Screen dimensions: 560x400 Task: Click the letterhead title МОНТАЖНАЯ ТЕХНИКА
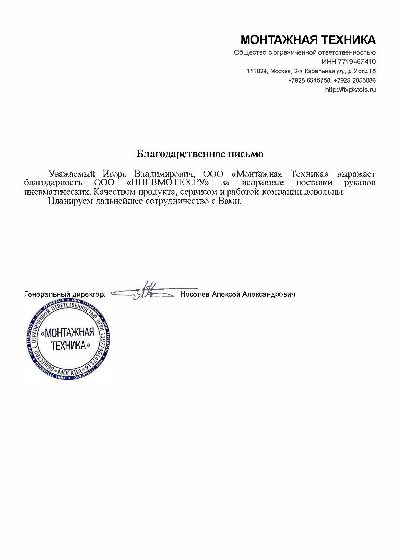coord(308,40)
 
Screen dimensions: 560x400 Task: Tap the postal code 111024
coord(257,71)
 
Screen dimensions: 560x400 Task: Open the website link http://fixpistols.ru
coord(350,89)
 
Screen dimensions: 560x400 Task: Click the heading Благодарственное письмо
coord(200,154)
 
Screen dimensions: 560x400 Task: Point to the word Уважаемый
coord(72,174)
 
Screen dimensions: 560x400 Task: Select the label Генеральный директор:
coord(65,295)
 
